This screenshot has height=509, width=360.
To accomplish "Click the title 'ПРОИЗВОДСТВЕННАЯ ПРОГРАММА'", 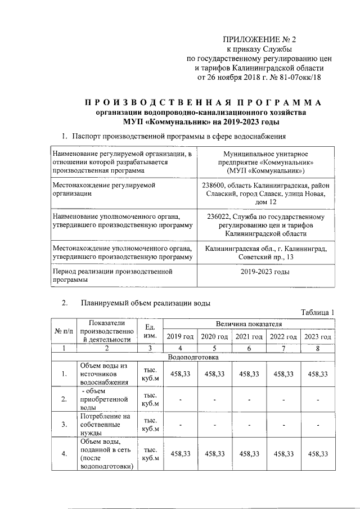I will click(203, 102).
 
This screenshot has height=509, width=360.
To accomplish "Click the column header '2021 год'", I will click(249, 336).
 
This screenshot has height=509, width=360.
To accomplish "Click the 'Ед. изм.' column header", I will click(150, 331).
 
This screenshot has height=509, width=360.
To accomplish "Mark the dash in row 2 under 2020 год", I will click(215, 399).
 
